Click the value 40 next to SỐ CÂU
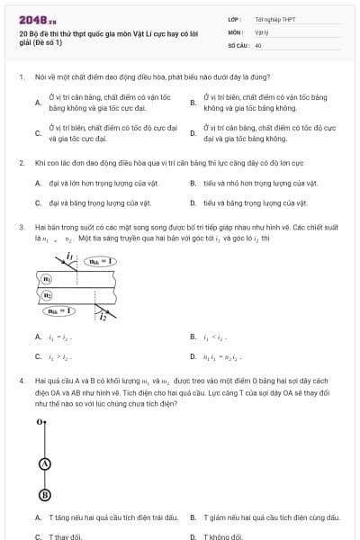pyautogui.click(x=258, y=44)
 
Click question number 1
pyautogui.click(x=21, y=77)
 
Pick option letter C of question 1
pyautogui.click(x=38, y=134)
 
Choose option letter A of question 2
pyautogui.click(x=38, y=184)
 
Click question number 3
pyautogui.click(x=21, y=227)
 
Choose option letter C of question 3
pyautogui.click(x=38, y=355)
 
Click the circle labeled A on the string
pyautogui.click(x=44, y=463)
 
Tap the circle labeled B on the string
pyautogui.click(x=44, y=495)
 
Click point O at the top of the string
pyautogui.click(x=40, y=421)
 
